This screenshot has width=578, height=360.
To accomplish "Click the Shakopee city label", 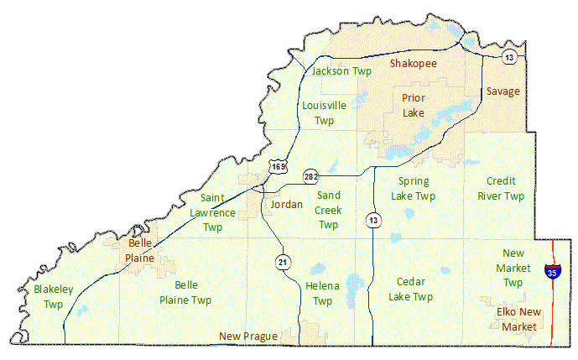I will click(414, 64).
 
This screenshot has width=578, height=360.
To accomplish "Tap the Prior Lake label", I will click(413, 105).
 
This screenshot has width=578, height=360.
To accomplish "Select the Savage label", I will click(502, 91).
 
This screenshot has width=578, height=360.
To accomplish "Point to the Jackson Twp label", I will click(341, 71).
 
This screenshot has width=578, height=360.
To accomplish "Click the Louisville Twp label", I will click(324, 113).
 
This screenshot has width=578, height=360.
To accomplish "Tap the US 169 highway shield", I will click(278, 167).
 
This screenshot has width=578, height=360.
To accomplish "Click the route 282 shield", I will click(311, 176).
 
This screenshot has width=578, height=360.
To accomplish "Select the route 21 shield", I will click(284, 263).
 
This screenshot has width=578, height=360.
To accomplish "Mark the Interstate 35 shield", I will click(551, 271).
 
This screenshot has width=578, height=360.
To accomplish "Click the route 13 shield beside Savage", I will click(508, 57).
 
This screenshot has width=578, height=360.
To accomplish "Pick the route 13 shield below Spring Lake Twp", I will click(372, 220).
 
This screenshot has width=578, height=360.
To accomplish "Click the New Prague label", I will click(248, 337).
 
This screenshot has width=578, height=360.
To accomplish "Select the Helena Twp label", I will click(323, 294).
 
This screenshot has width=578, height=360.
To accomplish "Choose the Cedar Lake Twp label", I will click(411, 290).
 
